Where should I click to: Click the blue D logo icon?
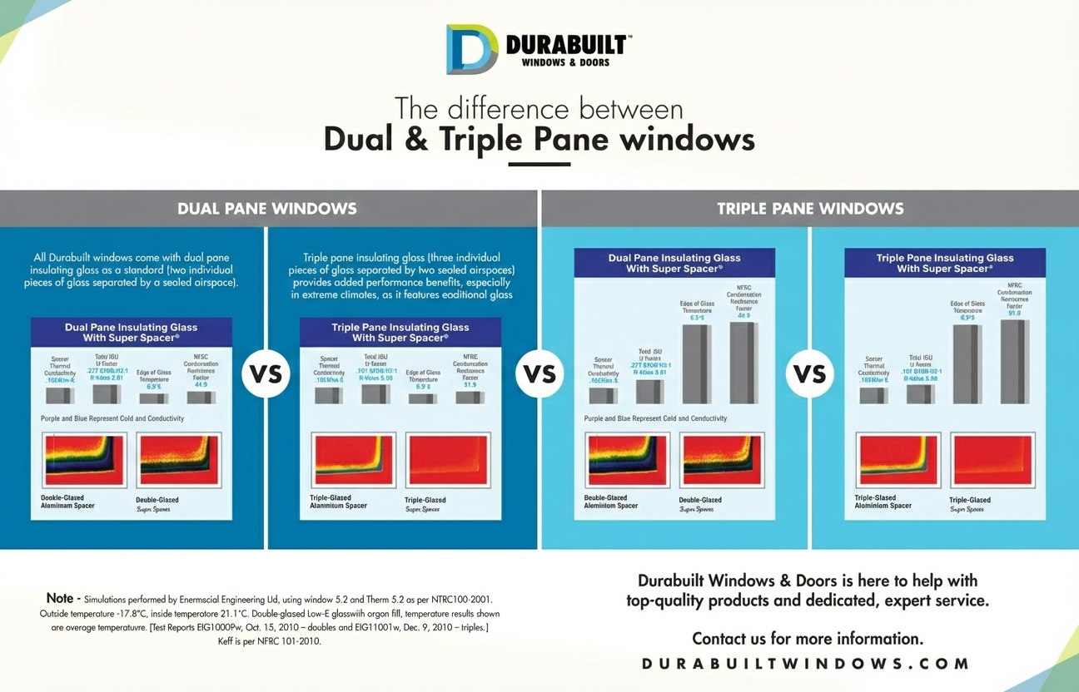point(471,49)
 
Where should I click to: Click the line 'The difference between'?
point(539,108)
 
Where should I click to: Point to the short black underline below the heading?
point(539,164)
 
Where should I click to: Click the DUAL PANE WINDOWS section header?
point(267,209)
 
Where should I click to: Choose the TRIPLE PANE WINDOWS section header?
point(810,209)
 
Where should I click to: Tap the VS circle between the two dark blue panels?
point(266,373)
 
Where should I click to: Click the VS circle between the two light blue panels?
point(809,373)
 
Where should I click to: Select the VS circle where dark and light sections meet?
point(539,373)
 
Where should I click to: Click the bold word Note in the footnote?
point(60,598)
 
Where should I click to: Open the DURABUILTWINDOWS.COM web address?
point(807,664)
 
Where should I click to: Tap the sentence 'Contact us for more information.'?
point(807,639)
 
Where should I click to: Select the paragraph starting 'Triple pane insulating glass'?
point(401,276)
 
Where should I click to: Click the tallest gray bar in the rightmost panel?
point(1014,362)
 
